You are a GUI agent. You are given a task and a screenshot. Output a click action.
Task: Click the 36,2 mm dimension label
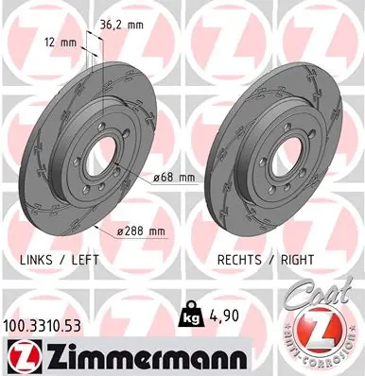pyautogui.click(x=122, y=25)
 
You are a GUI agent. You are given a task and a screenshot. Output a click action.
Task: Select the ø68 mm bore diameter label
pyautogui.click(x=174, y=178)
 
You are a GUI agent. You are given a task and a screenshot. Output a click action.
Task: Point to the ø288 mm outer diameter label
pyautogui.click(x=141, y=231)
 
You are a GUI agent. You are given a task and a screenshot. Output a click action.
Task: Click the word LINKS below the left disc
pyautogui.click(x=36, y=260)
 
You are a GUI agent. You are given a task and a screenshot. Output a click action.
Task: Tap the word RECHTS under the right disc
pyautogui.click(x=239, y=260)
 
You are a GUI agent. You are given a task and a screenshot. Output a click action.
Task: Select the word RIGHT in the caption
pyautogui.click(x=297, y=260)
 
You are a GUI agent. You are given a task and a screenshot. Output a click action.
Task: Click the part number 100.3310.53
pyautogui.click(x=42, y=326)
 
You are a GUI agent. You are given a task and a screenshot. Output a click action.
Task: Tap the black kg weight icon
pyautogui.click(x=191, y=313)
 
